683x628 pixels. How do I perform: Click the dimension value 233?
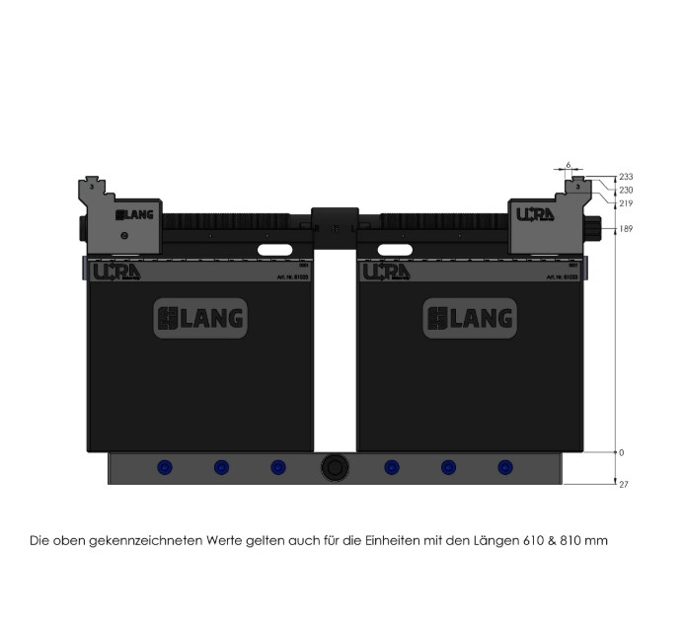pyautogui.click(x=626, y=177)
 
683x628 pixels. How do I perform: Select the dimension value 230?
pyautogui.click(x=626, y=190)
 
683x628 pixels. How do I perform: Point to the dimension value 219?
pyautogui.click(x=626, y=203)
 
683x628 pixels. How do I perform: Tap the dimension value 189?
pyautogui.click(x=626, y=229)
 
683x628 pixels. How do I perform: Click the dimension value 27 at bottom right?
pyautogui.click(x=623, y=485)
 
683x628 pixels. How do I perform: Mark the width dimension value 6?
pyautogui.click(x=569, y=165)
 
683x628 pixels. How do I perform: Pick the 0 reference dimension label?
pyautogui.click(x=622, y=452)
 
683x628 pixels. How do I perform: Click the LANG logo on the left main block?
pyautogui.click(x=200, y=318)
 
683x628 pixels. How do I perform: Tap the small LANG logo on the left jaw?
pyautogui.click(x=129, y=214)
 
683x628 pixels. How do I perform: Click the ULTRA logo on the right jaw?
pyautogui.click(x=535, y=213)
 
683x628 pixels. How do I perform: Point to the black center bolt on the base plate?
pyautogui.click(x=334, y=469)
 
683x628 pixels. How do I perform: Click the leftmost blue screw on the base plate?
pyautogui.click(x=163, y=467)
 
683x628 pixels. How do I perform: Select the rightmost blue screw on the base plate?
pyautogui.click(x=505, y=467)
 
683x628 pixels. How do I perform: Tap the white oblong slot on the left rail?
pyautogui.click(x=277, y=251)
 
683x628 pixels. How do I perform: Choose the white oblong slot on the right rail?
pyautogui.click(x=392, y=251)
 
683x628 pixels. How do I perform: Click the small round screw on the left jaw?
pyautogui.click(x=123, y=235)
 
